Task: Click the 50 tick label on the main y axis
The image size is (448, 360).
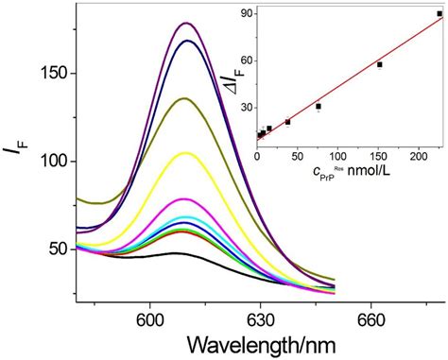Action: coord(58,249)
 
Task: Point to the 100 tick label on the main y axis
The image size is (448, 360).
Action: coord(54,162)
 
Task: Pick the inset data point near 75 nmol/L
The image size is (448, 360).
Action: coord(319,106)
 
